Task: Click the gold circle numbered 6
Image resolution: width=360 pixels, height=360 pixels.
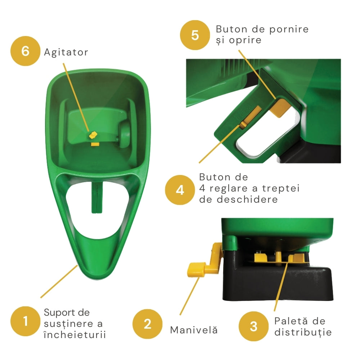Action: [x=25, y=51]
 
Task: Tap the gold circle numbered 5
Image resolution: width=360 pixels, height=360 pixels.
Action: [x=195, y=35]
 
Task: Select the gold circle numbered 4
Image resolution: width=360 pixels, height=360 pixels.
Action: [x=180, y=190]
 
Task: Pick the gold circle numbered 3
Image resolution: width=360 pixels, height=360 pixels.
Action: [x=253, y=326]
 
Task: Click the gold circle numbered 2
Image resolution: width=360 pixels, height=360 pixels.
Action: [x=147, y=324]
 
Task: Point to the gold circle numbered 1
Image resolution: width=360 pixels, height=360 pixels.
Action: [x=25, y=321]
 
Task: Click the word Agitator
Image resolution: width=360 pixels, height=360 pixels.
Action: [x=66, y=53]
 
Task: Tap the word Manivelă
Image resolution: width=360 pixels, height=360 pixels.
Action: [x=194, y=330]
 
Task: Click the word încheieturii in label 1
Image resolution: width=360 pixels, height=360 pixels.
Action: [x=75, y=334]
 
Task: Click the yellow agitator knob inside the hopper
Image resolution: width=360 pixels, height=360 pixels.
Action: [x=93, y=135]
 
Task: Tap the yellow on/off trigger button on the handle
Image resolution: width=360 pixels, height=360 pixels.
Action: [x=280, y=107]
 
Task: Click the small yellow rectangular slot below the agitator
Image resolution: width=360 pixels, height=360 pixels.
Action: [x=95, y=144]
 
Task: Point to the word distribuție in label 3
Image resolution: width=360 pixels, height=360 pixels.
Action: [x=303, y=332]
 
